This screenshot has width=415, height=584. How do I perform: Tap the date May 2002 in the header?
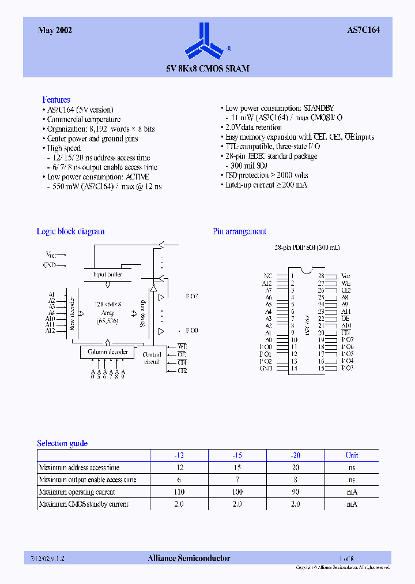[x=55, y=31]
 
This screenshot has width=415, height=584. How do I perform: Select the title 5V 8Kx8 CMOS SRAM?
[x=208, y=69]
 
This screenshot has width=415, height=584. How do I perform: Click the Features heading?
[x=56, y=100]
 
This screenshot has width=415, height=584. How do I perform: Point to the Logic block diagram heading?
[x=70, y=231]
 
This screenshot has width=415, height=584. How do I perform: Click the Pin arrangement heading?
[x=239, y=231]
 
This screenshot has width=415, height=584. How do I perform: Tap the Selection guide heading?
[x=62, y=443]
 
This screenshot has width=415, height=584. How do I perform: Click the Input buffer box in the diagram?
[x=108, y=275]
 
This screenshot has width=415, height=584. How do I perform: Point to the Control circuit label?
[x=152, y=358]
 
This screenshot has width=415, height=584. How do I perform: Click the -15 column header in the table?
[x=236, y=455]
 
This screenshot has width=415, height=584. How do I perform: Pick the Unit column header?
[x=352, y=455]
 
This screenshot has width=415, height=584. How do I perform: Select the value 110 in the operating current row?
[x=179, y=492]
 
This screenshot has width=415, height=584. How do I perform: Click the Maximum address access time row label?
[x=79, y=467]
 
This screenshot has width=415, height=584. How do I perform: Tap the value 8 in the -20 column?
[x=295, y=480]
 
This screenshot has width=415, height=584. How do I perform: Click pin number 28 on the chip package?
[x=321, y=276]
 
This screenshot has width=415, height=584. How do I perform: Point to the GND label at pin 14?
[x=266, y=368]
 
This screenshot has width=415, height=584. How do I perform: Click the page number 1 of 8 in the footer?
[x=346, y=558]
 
